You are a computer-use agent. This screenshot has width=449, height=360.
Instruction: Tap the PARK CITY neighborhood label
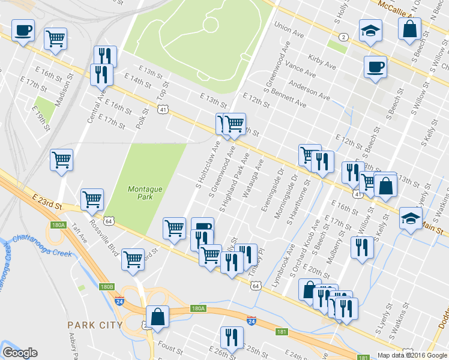pyautogui.click(x=95, y=325)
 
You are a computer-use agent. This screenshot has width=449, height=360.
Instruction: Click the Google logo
pyautogui.click(x=20, y=353)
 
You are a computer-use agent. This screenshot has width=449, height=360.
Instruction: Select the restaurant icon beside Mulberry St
pyautogui.click(x=361, y=247)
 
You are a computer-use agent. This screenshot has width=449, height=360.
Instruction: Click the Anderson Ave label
pyautogui.click(x=309, y=90)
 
